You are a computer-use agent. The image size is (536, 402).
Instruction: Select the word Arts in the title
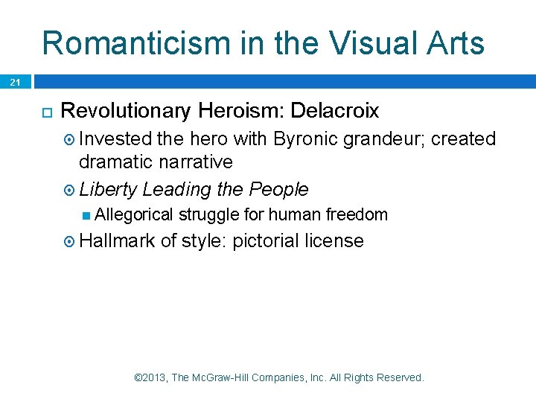(455, 43)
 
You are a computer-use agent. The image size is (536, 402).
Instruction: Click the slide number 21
(16, 83)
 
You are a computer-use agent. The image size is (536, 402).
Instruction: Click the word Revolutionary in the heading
(126, 111)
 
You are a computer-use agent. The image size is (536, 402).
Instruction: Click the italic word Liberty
(108, 189)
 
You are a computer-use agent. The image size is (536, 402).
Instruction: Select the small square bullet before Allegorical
(87, 215)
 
